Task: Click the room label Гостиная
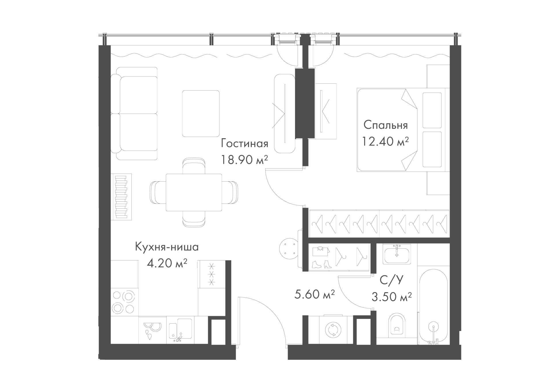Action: (x=244, y=144)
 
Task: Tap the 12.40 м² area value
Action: (x=386, y=141)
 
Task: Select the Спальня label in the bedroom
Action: (x=386, y=125)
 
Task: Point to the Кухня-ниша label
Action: (x=167, y=247)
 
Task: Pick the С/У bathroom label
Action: (x=392, y=280)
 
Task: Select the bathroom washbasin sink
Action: (x=397, y=254)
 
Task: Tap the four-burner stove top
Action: (x=124, y=302)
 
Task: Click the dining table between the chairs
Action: (x=194, y=192)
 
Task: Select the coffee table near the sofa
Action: (x=201, y=114)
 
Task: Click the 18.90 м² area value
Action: (x=244, y=160)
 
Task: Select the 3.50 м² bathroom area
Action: (x=392, y=297)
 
